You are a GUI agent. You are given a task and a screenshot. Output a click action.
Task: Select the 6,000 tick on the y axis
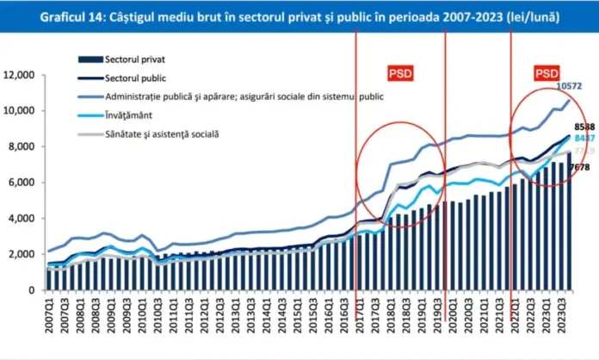point(23,183)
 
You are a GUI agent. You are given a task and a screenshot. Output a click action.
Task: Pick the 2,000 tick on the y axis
point(23,254)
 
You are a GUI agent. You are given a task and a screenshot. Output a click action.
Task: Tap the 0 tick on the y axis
point(34,290)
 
